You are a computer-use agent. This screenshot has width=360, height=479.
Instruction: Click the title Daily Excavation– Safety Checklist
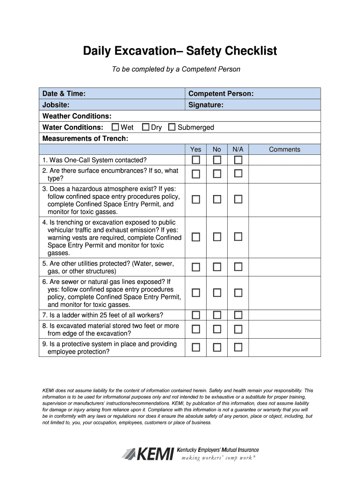point(180,51)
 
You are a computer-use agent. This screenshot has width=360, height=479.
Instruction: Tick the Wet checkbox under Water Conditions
point(115,127)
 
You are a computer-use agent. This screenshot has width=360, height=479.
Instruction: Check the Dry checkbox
point(145,127)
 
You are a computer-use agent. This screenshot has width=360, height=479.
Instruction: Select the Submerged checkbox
point(172,127)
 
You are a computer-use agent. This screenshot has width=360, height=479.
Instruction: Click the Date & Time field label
point(64,94)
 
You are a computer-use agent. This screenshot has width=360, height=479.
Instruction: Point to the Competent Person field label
point(221,94)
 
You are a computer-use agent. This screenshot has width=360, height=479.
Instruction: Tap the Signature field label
point(206,105)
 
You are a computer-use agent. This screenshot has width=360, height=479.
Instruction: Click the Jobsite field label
point(56,105)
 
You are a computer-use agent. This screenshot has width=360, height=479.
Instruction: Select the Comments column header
point(284,149)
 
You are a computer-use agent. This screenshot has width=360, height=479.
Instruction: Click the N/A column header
point(238,149)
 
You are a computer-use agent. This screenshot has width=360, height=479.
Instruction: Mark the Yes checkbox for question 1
point(195,160)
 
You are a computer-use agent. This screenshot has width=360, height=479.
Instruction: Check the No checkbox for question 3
point(217,199)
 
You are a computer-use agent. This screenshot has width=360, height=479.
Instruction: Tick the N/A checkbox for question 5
point(238,267)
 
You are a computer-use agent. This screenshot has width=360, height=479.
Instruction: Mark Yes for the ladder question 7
point(195,314)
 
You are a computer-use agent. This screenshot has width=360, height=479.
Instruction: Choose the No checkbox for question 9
point(217,347)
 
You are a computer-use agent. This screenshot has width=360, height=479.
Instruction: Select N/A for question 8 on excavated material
point(238,329)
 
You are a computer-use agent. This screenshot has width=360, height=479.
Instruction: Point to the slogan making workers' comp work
point(220,457)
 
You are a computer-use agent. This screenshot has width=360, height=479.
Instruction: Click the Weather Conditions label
point(77,116)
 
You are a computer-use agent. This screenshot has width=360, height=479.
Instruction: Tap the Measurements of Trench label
point(85,138)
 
